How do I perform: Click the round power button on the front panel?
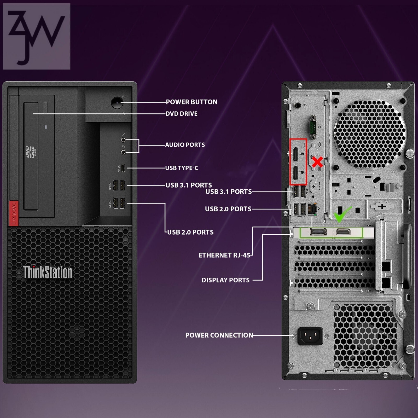point(117,103)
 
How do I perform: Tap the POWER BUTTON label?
point(191,102)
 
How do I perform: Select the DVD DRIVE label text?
point(182,114)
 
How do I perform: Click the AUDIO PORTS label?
point(185,145)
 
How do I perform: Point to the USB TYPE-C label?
point(182,168)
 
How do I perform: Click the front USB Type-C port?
point(123,168)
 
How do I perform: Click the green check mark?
point(342,214)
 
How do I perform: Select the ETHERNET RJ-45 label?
point(224,255)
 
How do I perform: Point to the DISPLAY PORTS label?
point(225,280)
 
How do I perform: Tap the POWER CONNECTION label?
point(219,335)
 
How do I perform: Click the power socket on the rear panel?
point(310,336)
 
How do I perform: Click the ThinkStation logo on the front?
point(48,272)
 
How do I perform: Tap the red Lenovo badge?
point(14,213)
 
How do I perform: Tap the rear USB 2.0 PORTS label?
point(228,209)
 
